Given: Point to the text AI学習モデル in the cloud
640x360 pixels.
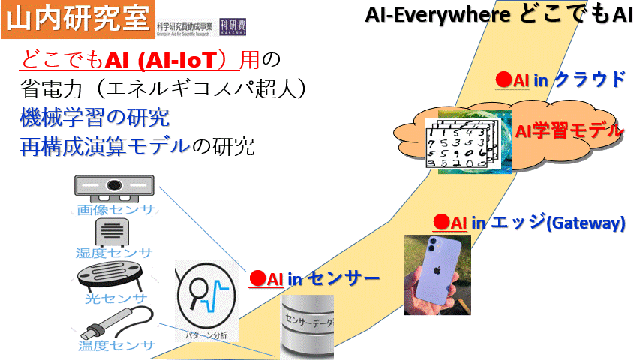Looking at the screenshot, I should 569,131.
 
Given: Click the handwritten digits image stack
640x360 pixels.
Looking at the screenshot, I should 458,142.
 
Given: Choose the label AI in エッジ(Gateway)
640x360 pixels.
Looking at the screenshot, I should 529,223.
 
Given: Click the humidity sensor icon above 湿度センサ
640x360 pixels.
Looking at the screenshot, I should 115,231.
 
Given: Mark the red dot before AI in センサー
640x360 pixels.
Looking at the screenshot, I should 257,279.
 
